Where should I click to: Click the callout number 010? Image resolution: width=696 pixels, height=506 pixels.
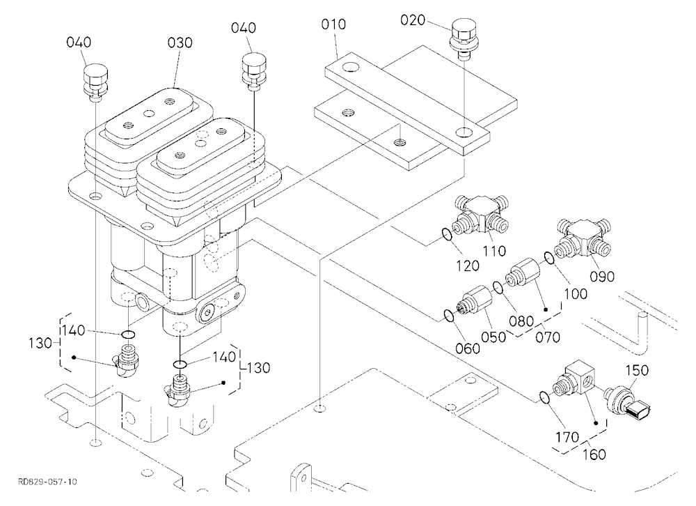click(333, 24)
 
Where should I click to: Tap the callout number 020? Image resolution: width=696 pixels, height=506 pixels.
click(413, 20)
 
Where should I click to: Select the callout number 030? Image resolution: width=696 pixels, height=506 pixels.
click(180, 43)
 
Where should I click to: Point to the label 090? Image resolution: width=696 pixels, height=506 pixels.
click(602, 276)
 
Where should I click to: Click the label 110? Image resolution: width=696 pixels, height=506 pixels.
click(494, 251)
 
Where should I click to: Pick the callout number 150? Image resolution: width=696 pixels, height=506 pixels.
click(637, 370)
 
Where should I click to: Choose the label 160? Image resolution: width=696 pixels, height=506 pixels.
click(594, 454)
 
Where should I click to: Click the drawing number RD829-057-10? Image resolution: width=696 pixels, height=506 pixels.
click(47, 482)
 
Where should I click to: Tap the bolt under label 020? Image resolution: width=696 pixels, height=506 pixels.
click(464, 39)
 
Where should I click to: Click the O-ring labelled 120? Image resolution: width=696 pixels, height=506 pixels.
click(448, 234)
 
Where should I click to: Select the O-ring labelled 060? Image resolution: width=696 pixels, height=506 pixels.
click(449, 316)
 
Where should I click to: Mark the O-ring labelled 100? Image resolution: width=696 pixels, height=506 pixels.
click(549, 258)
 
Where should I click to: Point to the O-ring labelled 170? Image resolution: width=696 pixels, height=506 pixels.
click(545, 397)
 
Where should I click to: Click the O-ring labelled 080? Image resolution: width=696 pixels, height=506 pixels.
click(498, 288)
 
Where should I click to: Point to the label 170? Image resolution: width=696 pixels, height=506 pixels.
click(567, 438)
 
